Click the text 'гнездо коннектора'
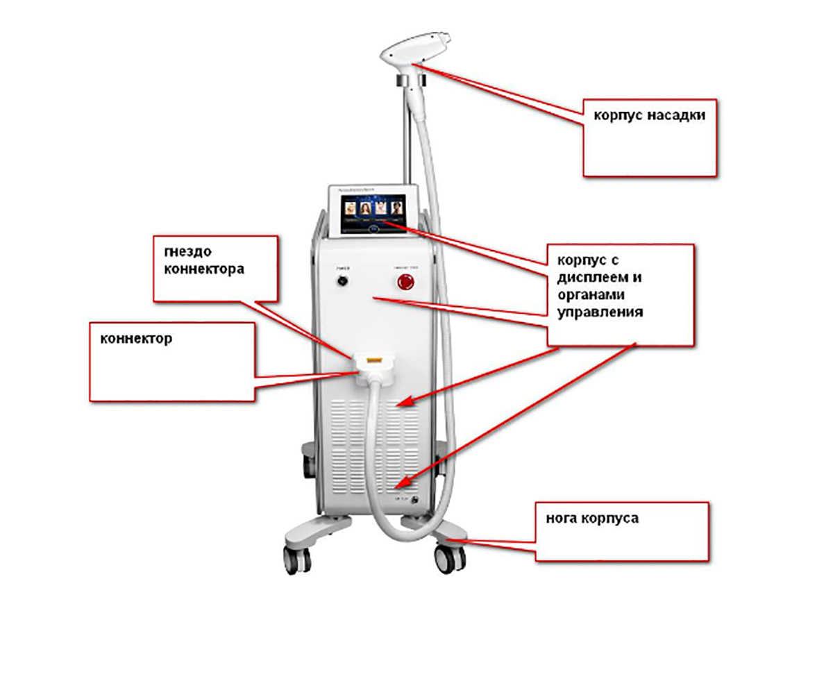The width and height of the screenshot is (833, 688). point(204,260)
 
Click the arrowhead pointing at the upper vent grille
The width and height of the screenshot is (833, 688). point(405,402)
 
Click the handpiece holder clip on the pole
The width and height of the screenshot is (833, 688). point(412,82)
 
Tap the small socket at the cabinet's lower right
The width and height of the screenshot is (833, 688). point(414,500)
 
